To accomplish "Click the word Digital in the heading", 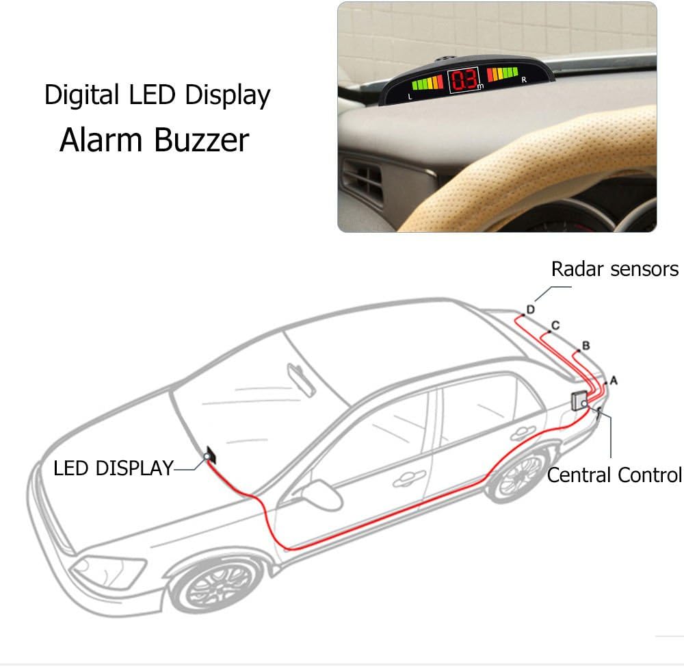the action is (81, 95).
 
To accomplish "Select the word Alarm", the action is (101, 140).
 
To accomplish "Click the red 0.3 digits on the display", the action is (463, 80).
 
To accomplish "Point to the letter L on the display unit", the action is (410, 97).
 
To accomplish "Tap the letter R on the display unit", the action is (524, 80).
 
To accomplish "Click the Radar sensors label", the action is (615, 269).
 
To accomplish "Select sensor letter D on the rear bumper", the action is (531, 310).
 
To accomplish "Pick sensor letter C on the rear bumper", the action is (555, 325).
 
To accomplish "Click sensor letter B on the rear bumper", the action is (586, 346).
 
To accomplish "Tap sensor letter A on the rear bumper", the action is (614, 381).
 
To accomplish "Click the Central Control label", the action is (615, 475).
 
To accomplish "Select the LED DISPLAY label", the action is (114, 468).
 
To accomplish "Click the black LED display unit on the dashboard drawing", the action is (211, 455).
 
